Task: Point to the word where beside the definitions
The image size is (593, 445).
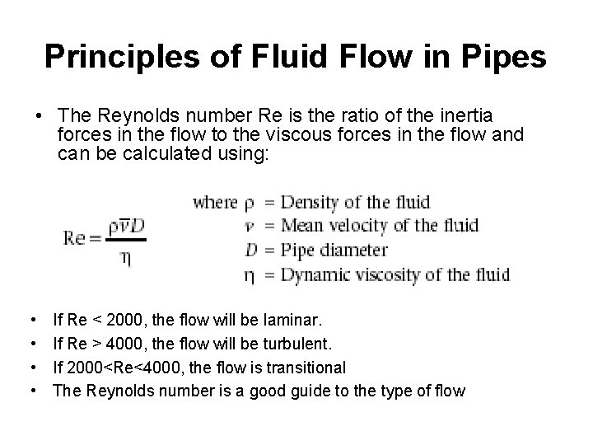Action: point(214,203)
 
